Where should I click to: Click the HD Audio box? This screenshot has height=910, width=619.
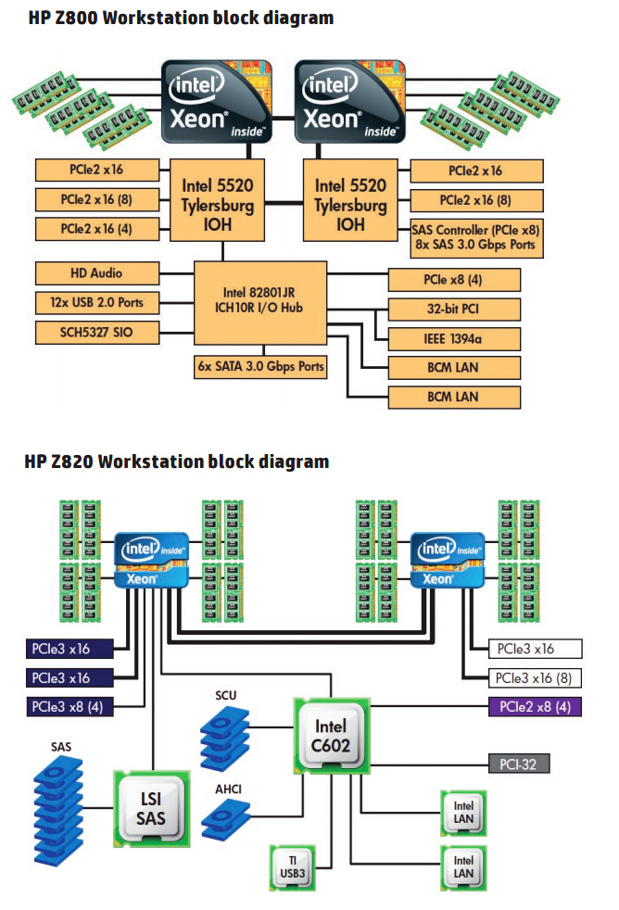pos(96,273)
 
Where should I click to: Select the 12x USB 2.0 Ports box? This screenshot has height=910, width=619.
pos(96,302)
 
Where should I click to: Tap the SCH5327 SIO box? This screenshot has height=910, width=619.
pos(96,332)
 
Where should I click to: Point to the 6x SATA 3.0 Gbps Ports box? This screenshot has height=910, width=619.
pos(260,366)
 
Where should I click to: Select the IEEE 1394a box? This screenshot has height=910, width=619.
pos(454,338)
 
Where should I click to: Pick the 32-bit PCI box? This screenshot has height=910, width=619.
pos(454,310)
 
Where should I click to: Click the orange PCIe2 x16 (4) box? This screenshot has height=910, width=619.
pos(96,229)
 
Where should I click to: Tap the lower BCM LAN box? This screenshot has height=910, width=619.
pos(454,397)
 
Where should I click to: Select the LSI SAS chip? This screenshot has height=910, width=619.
pos(150,805)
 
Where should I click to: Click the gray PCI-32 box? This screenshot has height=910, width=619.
pos(519,765)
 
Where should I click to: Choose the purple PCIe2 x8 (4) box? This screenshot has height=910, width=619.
pos(536,707)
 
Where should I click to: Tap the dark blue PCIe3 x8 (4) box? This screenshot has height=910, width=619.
pos(71,707)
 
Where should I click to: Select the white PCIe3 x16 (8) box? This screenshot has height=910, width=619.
pos(536,677)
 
